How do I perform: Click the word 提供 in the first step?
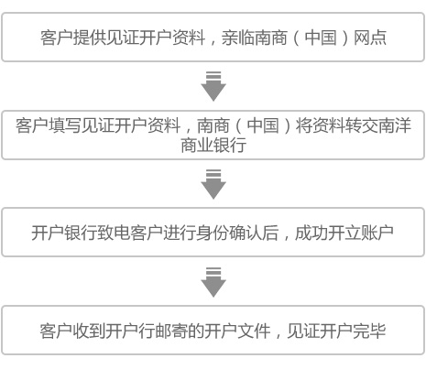(x=90, y=38)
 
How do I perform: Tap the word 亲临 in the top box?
(x=238, y=38)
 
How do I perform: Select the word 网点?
(x=370, y=38)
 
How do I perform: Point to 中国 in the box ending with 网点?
(x=321, y=38)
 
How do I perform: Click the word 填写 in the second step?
(x=65, y=125)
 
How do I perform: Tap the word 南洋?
(x=394, y=125)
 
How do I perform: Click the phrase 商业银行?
(x=213, y=146)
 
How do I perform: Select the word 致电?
(x=114, y=233)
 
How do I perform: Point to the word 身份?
(x=213, y=233)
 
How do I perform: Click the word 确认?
(x=246, y=233)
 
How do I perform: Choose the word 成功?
(x=311, y=233)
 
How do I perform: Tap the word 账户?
(x=377, y=233)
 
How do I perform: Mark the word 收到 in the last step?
(x=89, y=331)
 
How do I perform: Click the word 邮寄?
(x=172, y=331)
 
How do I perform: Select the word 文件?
(x=255, y=331)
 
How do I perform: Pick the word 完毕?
(x=370, y=331)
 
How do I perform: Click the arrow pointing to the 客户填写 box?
(x=213, y=86)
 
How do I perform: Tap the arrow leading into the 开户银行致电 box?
(x=213, y=184)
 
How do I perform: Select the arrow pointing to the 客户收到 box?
(x=213, y=282)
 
